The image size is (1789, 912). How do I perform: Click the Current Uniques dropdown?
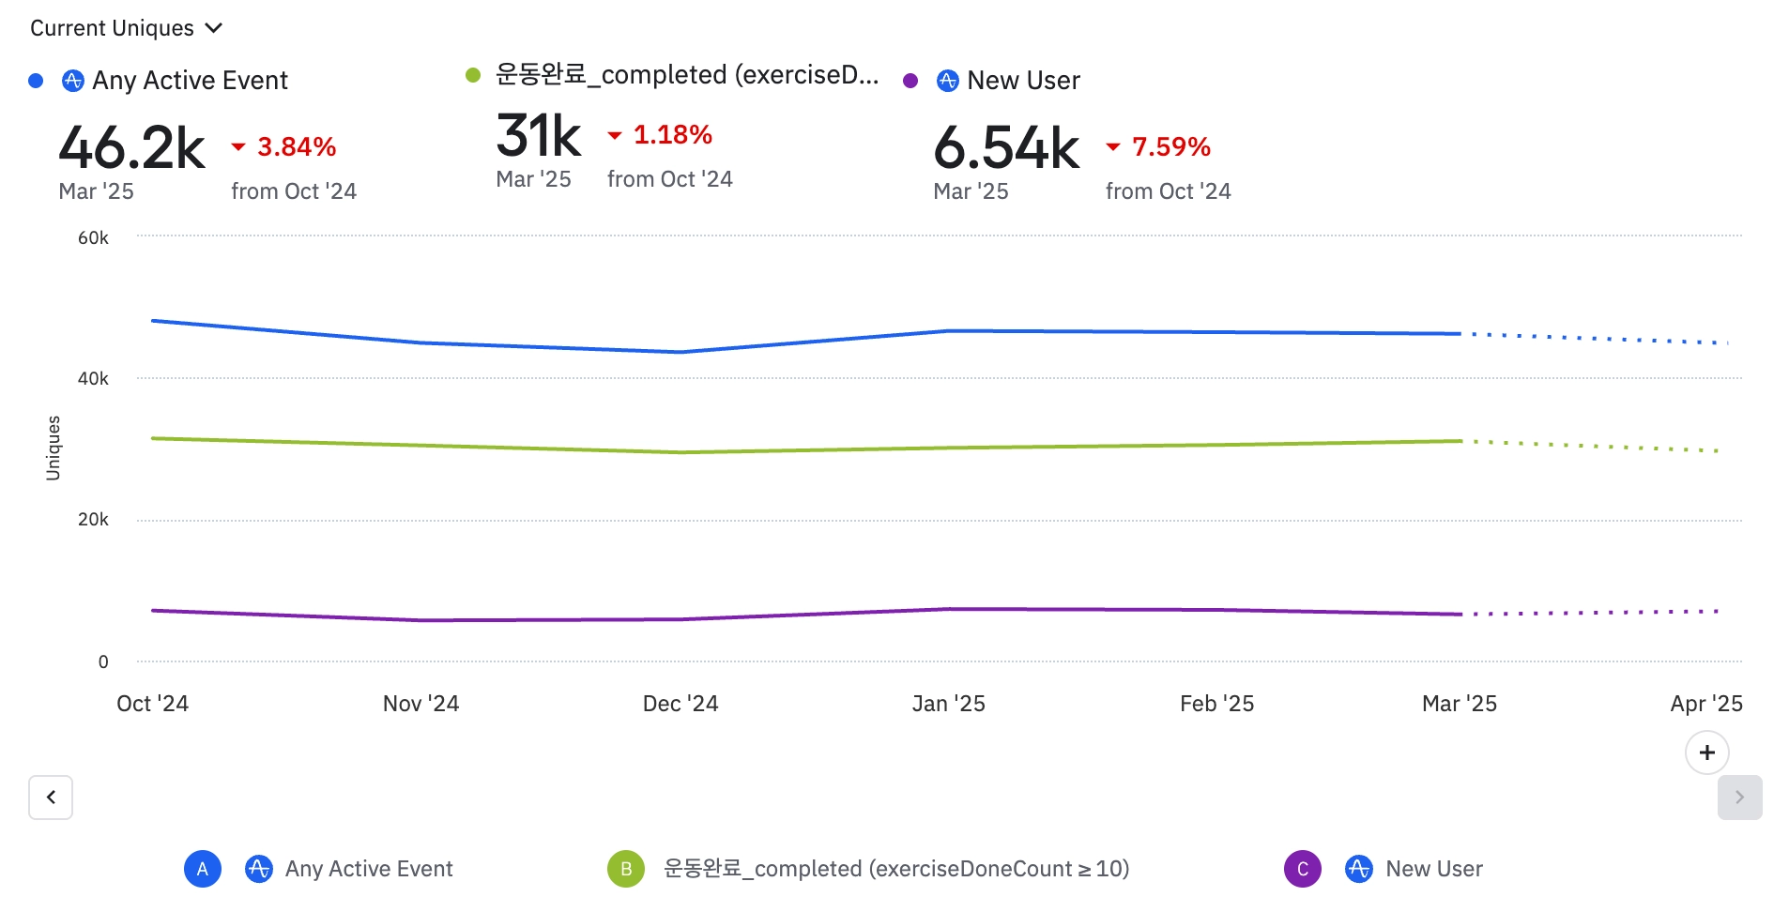click(x=126, y=28)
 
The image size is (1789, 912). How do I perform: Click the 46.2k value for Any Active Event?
click(x=131, y=148)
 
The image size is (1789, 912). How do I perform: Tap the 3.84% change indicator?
click(x=296, y=146)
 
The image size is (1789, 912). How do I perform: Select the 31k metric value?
click(x=539, y=136)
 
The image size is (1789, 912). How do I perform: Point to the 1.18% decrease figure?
click(x=672, y=135)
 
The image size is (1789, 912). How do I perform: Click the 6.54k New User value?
click(x=1006, y=148)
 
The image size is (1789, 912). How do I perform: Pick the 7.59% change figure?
click(x=1170, y=146)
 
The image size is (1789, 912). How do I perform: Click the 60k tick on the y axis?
click(x=93, y=238)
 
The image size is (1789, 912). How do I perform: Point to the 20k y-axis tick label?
click(x=93, y=520)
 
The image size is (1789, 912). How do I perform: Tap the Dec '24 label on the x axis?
click(x=680, y=704)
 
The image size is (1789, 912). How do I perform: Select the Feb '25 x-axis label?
click(x=1216, y=704)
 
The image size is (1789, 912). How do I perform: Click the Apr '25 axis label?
click(x=1705, y=704)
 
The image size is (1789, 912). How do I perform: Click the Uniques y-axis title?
click(x=54, y=448)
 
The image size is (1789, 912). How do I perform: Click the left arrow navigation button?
click(x=51, y=798)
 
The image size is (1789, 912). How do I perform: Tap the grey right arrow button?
click(x=1739, y=798)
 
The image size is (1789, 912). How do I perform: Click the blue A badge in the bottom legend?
click(x=203, y=869)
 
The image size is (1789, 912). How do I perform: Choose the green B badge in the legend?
click(x=626, y=869)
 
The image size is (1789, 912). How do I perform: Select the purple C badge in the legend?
click(x=1302, y=869)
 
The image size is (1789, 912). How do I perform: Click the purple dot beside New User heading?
click(x=910, y=81)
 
